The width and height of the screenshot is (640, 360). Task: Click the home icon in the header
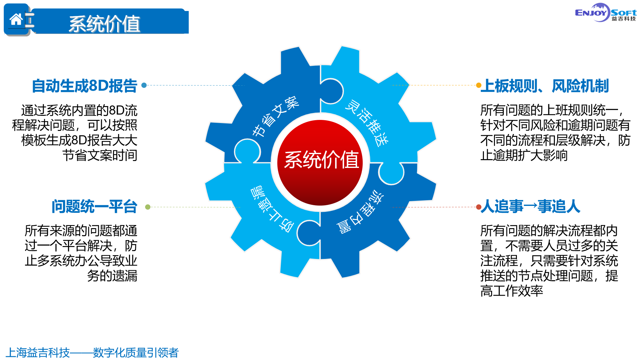click(16, 19)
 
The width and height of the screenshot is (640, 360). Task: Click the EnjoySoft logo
click(605, 13)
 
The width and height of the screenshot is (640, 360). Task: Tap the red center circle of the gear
click(320, 163)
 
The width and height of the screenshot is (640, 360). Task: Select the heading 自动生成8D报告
click(84, 86)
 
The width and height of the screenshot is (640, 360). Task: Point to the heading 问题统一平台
click(95, 207)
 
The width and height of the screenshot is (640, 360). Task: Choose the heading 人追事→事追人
click(530, 207)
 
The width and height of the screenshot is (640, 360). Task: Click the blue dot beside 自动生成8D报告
click(144, 85)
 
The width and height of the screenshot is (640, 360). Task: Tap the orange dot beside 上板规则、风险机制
click(479, 85)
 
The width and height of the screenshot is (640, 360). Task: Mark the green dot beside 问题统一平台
click(148, 207)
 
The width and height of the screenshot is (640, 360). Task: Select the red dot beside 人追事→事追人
click(479, 207)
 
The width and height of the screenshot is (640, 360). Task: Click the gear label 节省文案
click(275, 116)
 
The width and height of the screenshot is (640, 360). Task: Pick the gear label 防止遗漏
click(272, 209)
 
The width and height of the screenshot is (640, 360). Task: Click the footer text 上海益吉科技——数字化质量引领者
click(92, 352)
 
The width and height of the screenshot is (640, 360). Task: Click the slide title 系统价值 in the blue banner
click(105, 24)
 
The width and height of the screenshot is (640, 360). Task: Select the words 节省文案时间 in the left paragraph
click(100, 155)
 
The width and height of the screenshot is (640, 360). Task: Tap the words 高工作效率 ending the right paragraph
click(512, 291)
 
